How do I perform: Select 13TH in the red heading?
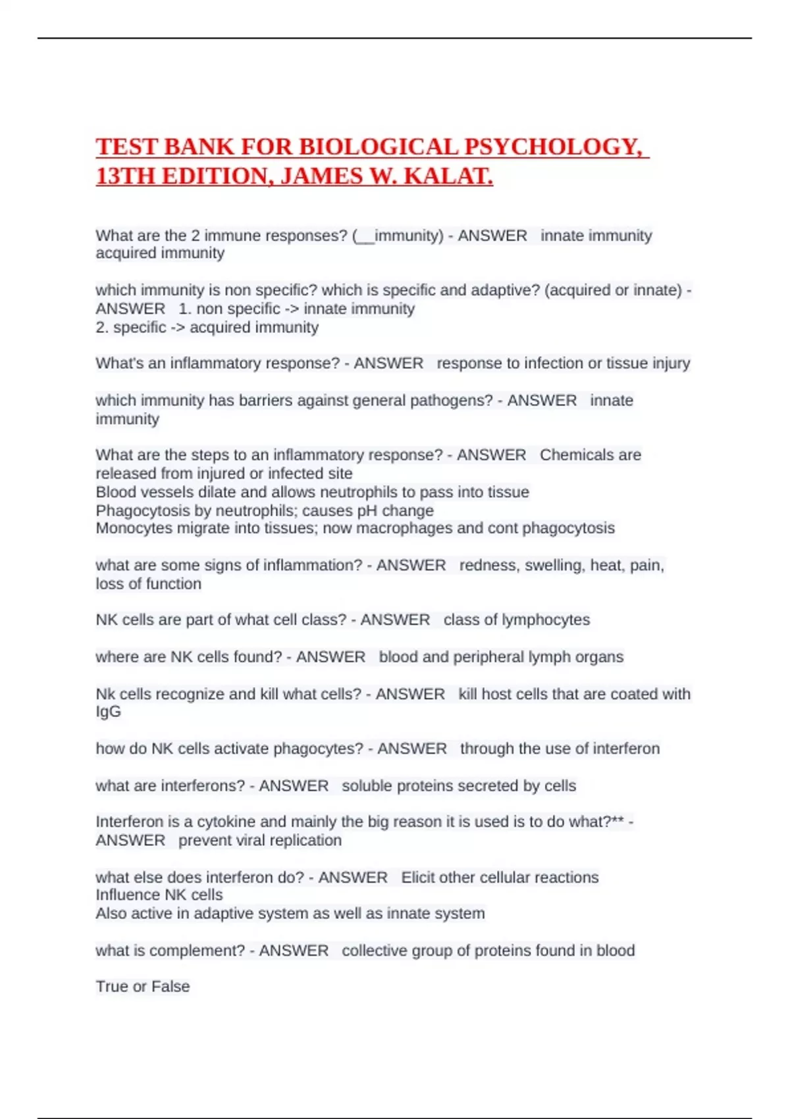[125, 176]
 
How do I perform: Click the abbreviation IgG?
[108, 712]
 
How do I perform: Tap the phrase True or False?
[143, 987]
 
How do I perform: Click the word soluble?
[367, 786]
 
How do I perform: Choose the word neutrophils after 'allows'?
[365, 492]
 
